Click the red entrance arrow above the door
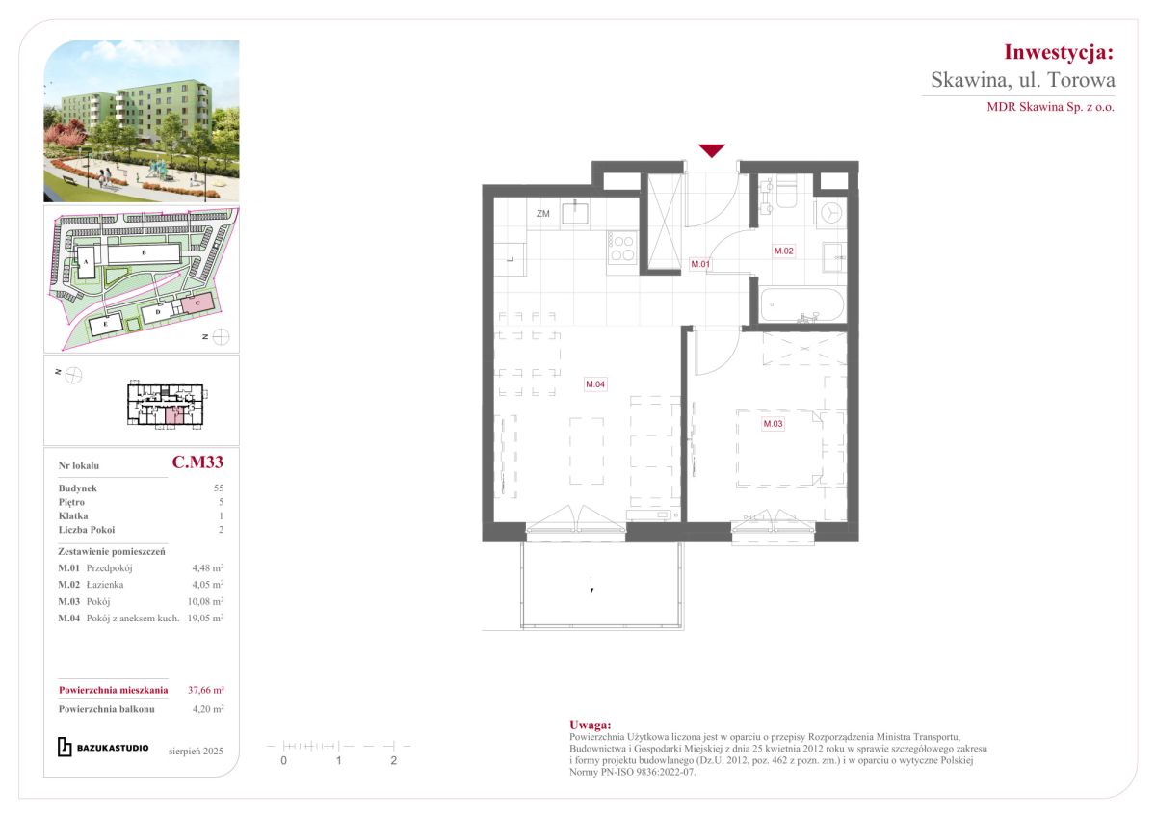click(712, 150)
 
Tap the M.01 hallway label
click(700, 264)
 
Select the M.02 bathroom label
click(783, 251)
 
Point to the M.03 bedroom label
click(773, 424)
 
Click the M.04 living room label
click(595, 384)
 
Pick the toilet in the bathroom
click(786, 192)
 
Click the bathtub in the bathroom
click(802, 305)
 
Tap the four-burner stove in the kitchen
click(622, 248)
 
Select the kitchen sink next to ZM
click(575, 213)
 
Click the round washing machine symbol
click(831, 213)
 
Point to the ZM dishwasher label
click(543, 214)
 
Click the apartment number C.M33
click(197, 462)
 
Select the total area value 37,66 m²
click(206, 690)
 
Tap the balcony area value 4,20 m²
click(208, 709)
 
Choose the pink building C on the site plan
click(197, 303)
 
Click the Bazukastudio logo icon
click(65, 748)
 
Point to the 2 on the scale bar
click(394, 761)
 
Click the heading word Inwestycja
click(1059, 53)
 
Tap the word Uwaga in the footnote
click(590, 726)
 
